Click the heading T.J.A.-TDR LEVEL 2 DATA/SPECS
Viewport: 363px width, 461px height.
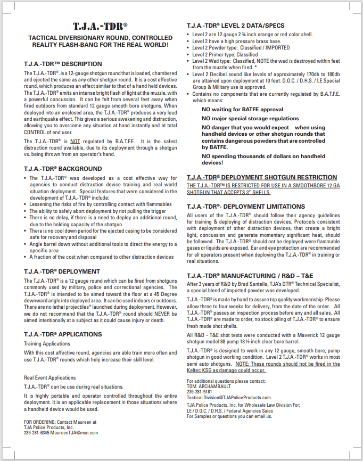pos(235,26)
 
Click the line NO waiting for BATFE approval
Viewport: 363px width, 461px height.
pos(242,109)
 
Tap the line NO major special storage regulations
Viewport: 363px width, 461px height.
pos(250,118)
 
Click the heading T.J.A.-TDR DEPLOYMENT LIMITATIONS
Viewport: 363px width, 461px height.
pos(246,206)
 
